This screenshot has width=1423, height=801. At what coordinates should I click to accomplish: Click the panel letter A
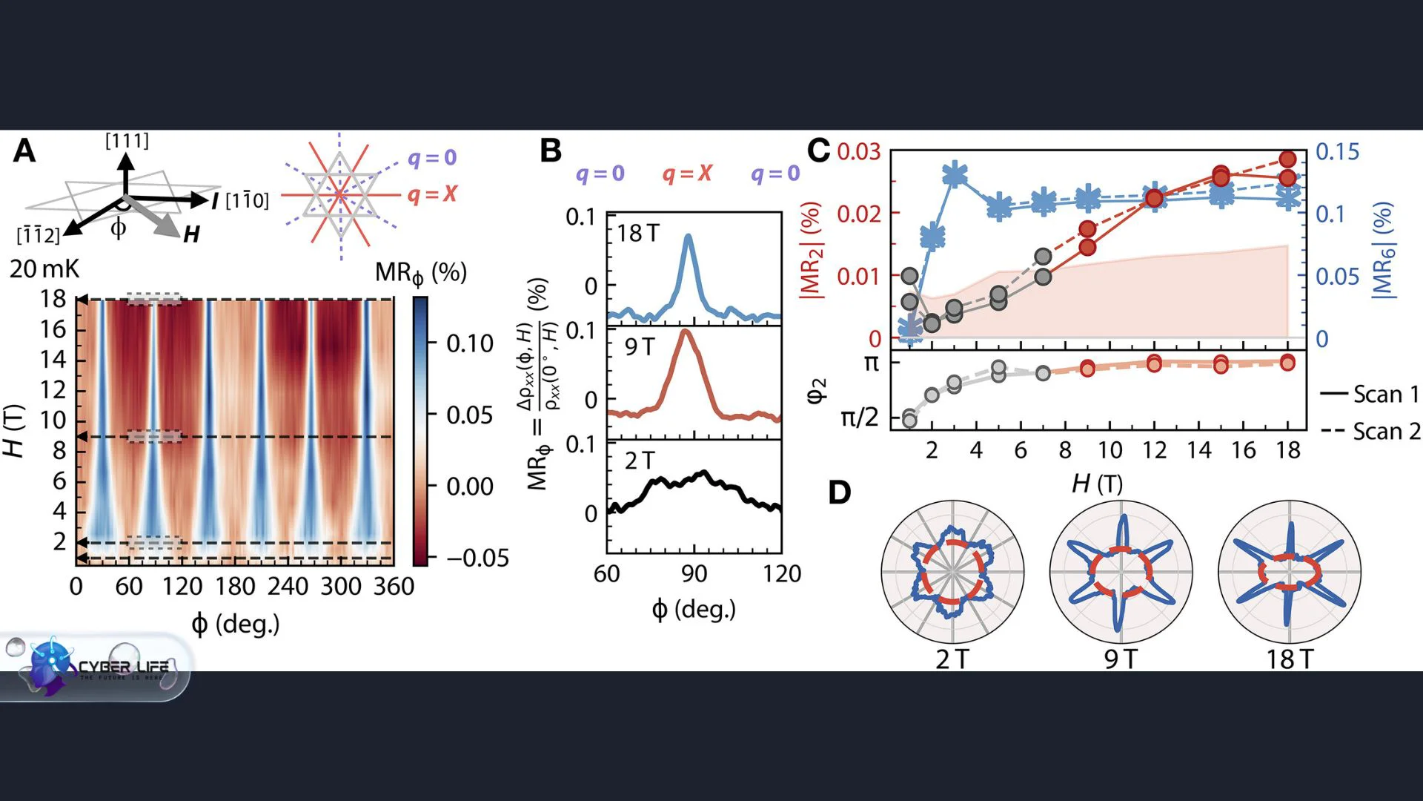pyautogui.click(x=24, y=151)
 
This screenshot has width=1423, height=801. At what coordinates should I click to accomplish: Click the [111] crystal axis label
pyautogui.click(x=127, y=141)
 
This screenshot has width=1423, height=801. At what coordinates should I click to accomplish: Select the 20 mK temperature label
pyautogui.click(x=44, y=268)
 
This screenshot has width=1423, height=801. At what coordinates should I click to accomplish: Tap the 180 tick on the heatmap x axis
pyautogui.click(x=235, y=587)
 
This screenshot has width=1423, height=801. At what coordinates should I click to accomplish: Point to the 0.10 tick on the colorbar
pyautogui.click(x=470, y=343)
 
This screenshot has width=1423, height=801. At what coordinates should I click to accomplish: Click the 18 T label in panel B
pyautogui.click(x=637, y=234)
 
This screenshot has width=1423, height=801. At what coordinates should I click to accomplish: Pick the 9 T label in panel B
pyautogui.click(x=640, y=346)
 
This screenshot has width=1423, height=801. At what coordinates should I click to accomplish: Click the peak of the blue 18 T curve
pyautogui.click(x=689, y=236)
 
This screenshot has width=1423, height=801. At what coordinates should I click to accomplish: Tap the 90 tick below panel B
pyautogui.click(x=694, y=573)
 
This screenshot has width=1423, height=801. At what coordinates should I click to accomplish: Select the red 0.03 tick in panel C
pyautogui.click(x=858, y=151)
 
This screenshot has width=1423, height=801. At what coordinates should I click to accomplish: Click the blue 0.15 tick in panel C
pyautogui.click(x=1337, y=151)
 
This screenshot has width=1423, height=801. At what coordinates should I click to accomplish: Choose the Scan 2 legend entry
pyautogui.click(x=1370, y=431)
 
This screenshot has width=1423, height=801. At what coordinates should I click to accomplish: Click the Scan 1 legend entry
pyautogui.click(x=1370, y=394)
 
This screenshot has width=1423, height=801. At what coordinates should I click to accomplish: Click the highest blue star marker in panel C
pyautogui.click(x=955, y=175)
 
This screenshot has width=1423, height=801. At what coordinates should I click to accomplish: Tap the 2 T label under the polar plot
pyautogui.click(x=952, y=659)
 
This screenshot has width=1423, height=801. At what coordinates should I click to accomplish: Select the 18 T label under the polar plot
pyautogui.click(x=1290, y=659)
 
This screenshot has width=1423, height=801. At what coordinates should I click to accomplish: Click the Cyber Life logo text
pyautogui.click(x=124, y=667)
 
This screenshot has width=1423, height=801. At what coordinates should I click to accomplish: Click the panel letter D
pyautogui.click(x=839, y=492)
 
